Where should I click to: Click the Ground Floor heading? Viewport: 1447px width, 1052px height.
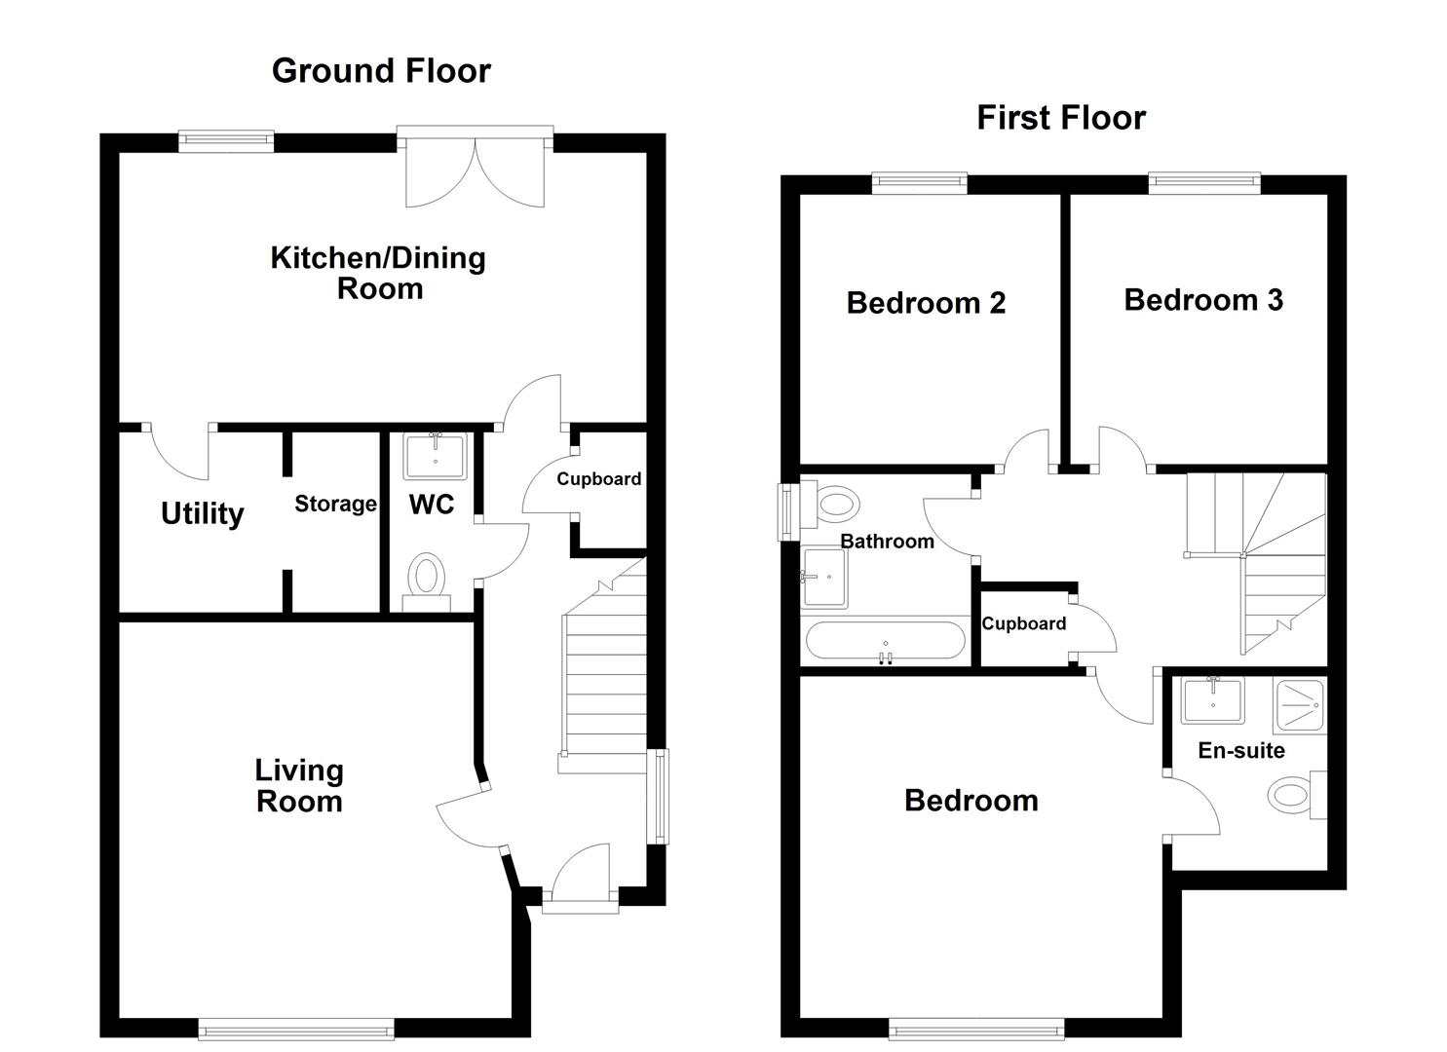pyautogui.click(x=381, y=71)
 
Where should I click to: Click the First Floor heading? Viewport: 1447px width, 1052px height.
pyautogui.click(x=1060, y=118)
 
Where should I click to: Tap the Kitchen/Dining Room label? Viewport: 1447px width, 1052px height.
pyautogui.click(x=378, y=273)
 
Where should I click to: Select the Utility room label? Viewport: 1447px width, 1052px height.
pyautogui.click(x=202, y=513)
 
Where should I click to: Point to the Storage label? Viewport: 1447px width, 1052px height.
pyautogui.click(x=335, y=504)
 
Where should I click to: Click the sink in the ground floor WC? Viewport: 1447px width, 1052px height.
pyautogui.click(x=434, y=456)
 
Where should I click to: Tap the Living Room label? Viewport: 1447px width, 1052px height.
pyautogui.click(x=298, y=786)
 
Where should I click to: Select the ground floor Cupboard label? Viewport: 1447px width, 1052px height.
pyautogui.click(x=598, y=479)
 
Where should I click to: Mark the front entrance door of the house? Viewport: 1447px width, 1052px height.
pyautogui.click(x=580, y=877)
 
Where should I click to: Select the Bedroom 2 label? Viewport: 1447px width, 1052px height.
pyautogui.click(x=926, y=303)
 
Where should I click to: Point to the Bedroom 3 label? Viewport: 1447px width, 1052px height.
pyautogui.click(x=1202, y=300)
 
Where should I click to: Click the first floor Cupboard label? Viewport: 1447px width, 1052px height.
pyautogui.click(x=1023, y=624)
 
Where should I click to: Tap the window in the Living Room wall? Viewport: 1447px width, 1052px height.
pyautogui.click(x=295, y=1029)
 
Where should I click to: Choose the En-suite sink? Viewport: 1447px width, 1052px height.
pyautogui.click(x=1212, y=699)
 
